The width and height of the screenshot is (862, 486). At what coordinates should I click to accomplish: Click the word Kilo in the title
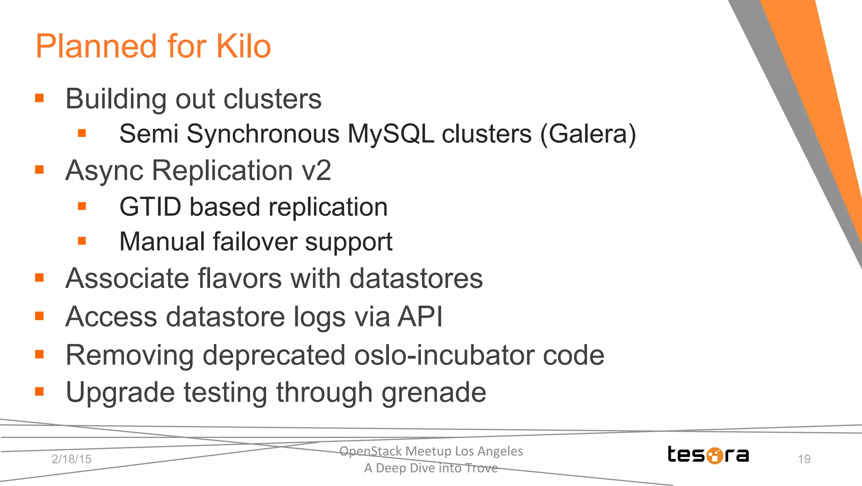pos(243,46)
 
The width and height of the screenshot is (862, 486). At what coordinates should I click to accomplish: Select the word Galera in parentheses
pos(588,134)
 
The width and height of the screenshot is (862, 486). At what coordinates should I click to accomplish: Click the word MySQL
pos(391,134)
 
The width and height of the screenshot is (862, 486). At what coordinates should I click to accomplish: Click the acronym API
pos(420,316)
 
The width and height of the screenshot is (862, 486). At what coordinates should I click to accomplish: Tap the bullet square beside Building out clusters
pos(40,98)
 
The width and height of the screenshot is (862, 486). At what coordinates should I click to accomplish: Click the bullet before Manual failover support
pos(82,241)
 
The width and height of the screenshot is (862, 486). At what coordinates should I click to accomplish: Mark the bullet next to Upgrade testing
pos(40,392)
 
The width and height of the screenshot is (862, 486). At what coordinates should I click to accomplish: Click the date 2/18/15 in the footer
pos(72,459)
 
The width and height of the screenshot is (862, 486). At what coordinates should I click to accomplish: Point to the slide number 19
pos(804,459)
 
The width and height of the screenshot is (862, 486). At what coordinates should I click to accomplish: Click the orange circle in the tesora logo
pos(714,455)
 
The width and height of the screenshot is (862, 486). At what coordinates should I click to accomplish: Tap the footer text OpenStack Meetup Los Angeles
pos(431,451)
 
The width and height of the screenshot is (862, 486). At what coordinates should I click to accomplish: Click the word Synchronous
pos(263,134)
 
